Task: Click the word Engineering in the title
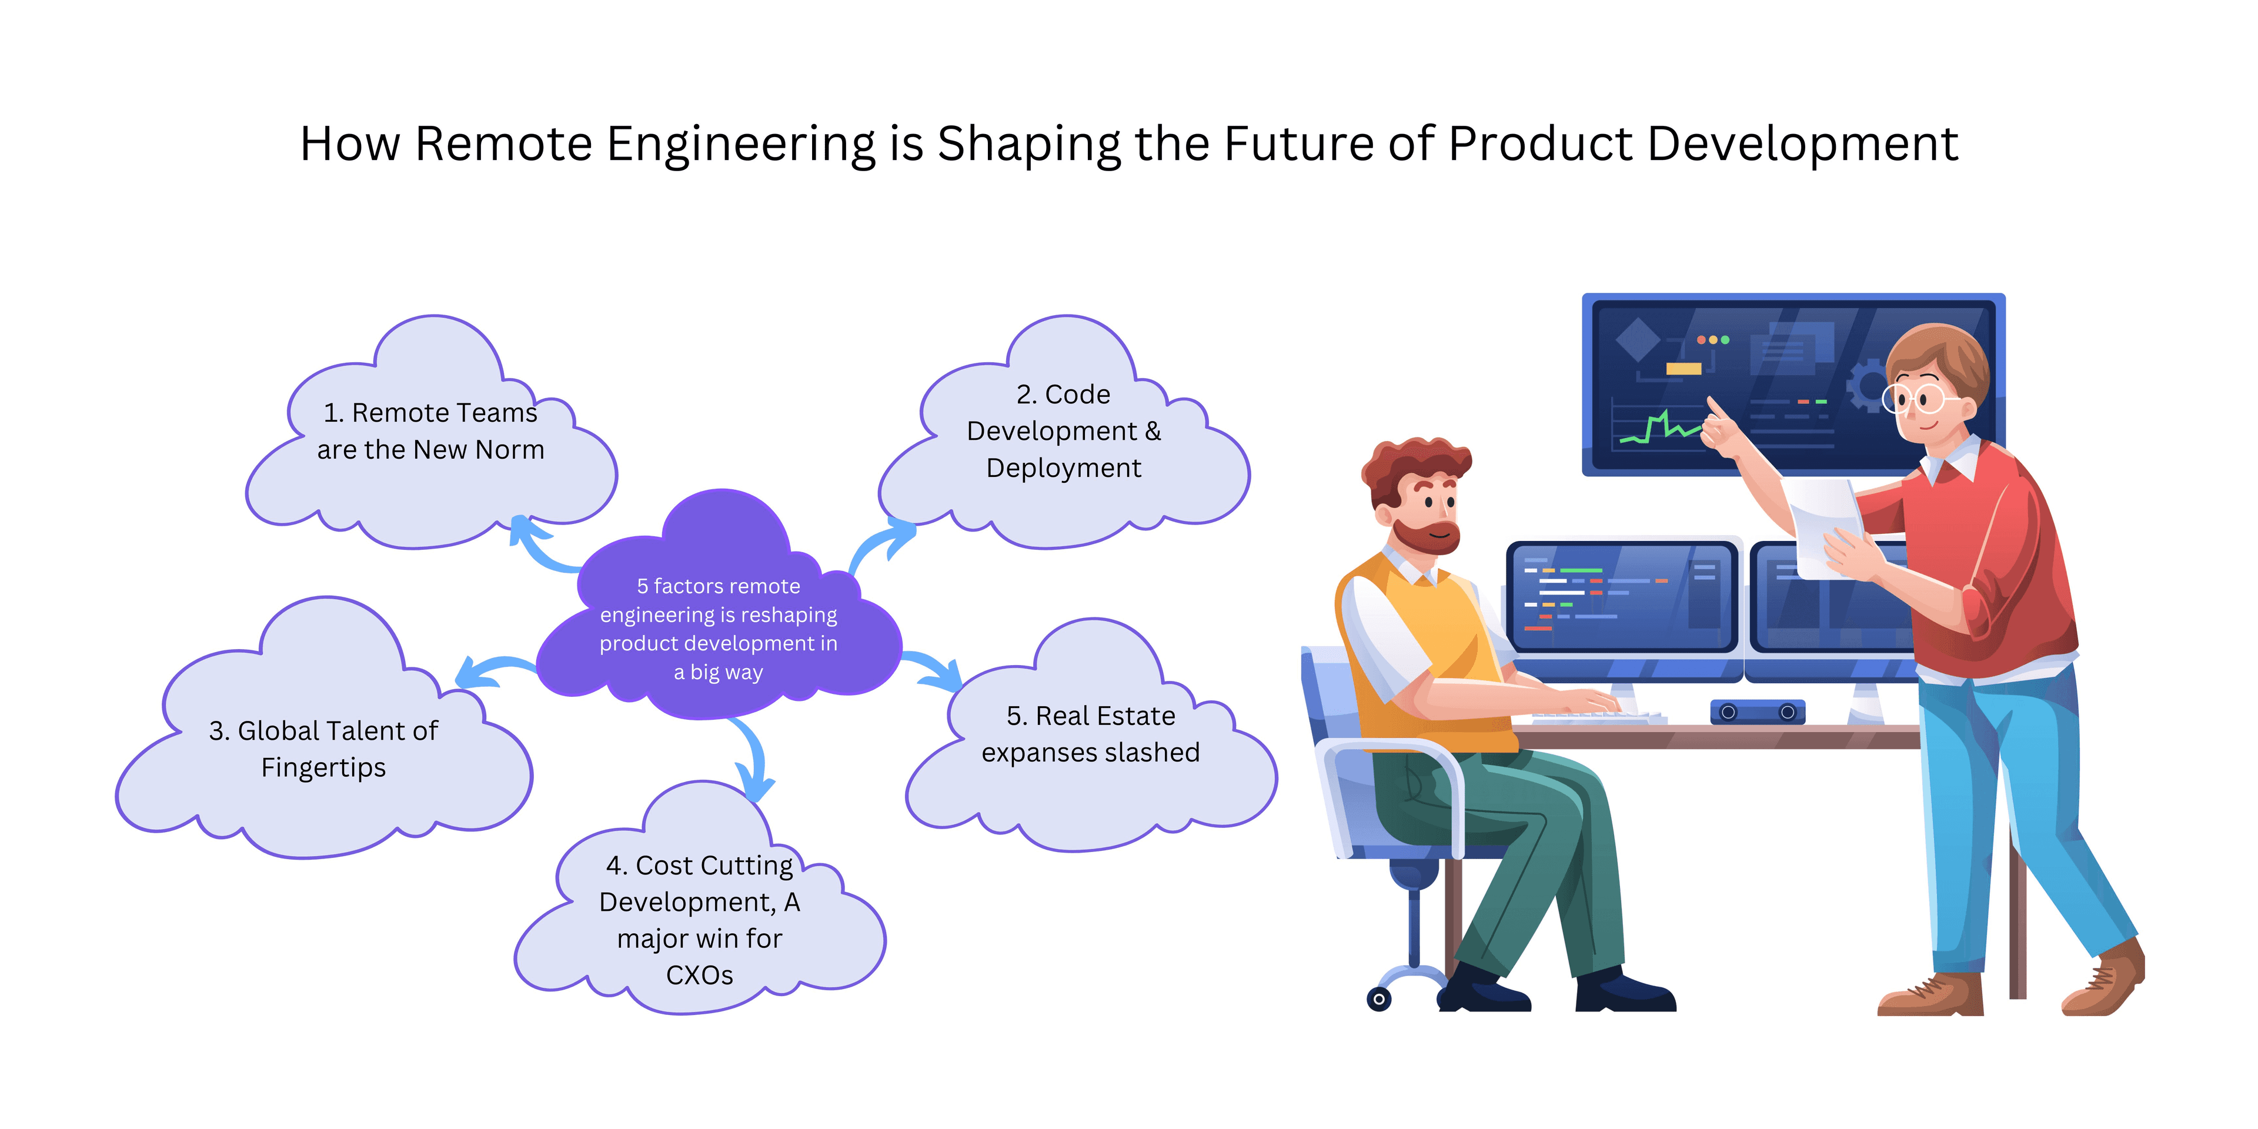[x=741, y=145]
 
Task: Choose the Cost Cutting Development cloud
[x=700, y=920]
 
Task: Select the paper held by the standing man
[x=1828, y=526]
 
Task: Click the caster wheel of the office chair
[x=1379, y=998]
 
